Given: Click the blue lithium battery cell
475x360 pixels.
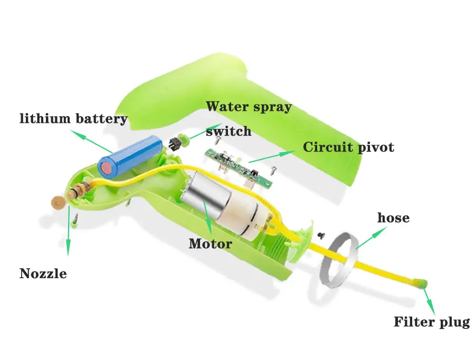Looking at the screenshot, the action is pos(130,156).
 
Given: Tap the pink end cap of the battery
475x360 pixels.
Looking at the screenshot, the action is pos(107,168).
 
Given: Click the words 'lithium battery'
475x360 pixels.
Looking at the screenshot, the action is pos(73,119).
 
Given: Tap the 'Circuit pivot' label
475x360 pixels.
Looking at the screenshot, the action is pos(348,147).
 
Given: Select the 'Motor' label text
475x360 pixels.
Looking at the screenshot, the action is pos(210,244).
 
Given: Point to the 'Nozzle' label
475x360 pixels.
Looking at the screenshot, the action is pos(43,273).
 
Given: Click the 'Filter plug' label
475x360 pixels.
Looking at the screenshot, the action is pos(432,322).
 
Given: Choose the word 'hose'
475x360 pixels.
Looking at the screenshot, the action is pos(393,217).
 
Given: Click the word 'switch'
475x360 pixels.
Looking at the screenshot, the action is pos(229,131).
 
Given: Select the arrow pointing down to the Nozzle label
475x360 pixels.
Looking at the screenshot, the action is pos(69,231).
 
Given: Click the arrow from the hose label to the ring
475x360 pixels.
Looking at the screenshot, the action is pos(371,238).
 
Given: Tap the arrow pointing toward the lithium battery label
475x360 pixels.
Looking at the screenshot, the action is pos(91,141).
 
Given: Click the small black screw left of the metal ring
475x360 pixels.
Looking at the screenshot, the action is pos(320,234).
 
